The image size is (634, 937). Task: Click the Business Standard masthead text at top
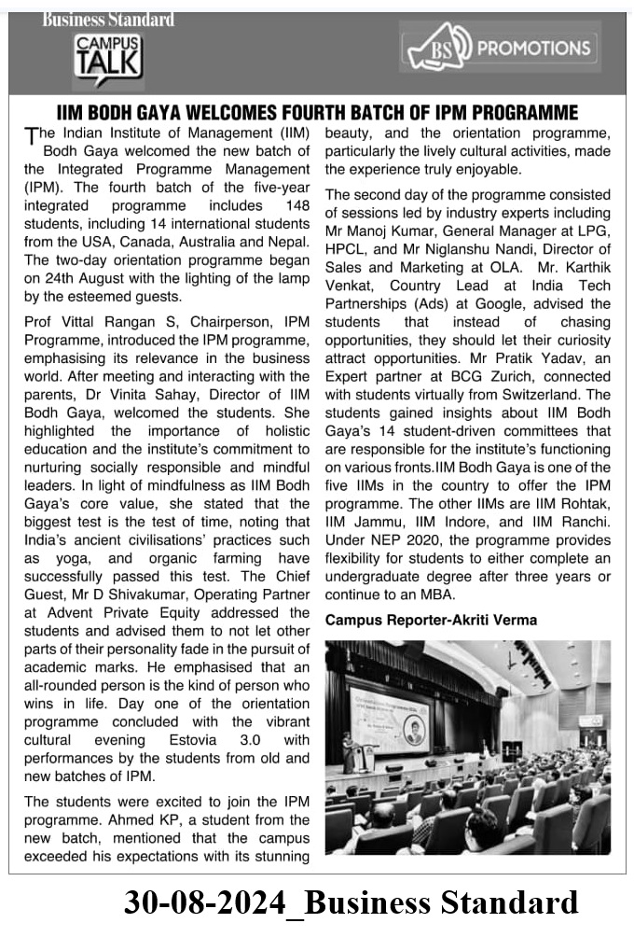coord(107,19)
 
